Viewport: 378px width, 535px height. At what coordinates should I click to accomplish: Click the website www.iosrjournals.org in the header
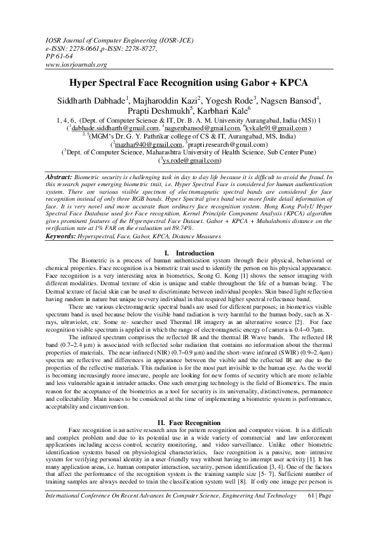coord(77,65)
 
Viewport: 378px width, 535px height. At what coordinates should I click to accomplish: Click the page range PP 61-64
coord(60,56)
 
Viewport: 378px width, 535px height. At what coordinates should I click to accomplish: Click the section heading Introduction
coord(196,236)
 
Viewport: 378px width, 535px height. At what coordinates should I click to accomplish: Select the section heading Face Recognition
coord(195,423)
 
